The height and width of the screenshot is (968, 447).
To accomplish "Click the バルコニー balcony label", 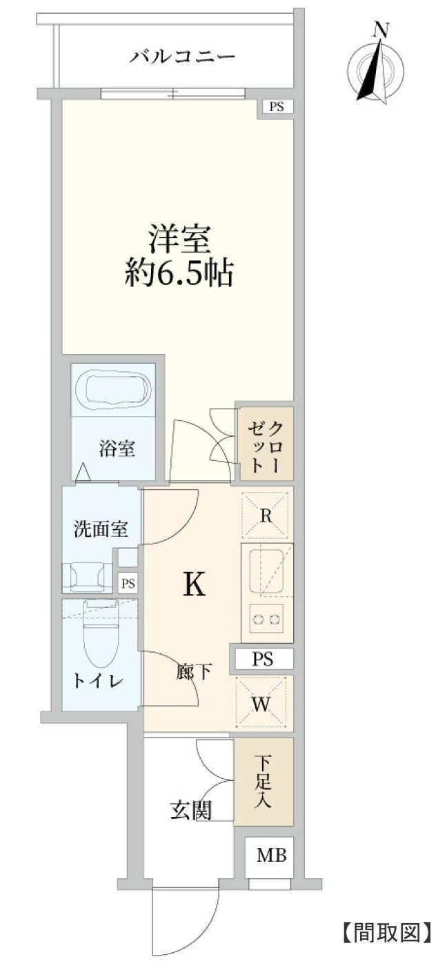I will coord(183,56).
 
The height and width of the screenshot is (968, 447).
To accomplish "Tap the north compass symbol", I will coord(377,66).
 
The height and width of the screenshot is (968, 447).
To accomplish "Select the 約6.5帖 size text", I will coord(179,274).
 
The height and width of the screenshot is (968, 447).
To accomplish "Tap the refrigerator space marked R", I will coord(266,513).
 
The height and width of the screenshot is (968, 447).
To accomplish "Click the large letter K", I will coord(195,585).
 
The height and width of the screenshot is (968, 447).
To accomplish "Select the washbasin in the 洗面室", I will coord(87,576).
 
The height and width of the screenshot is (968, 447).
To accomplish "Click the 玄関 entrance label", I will coord(190,810).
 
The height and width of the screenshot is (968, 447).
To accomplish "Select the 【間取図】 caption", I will coord(387,933).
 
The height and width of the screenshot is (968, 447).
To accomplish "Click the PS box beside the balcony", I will coord(276,107).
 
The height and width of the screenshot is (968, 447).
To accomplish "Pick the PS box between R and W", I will coord(262,659).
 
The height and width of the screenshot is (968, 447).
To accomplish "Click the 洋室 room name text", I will coord(179,238).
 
